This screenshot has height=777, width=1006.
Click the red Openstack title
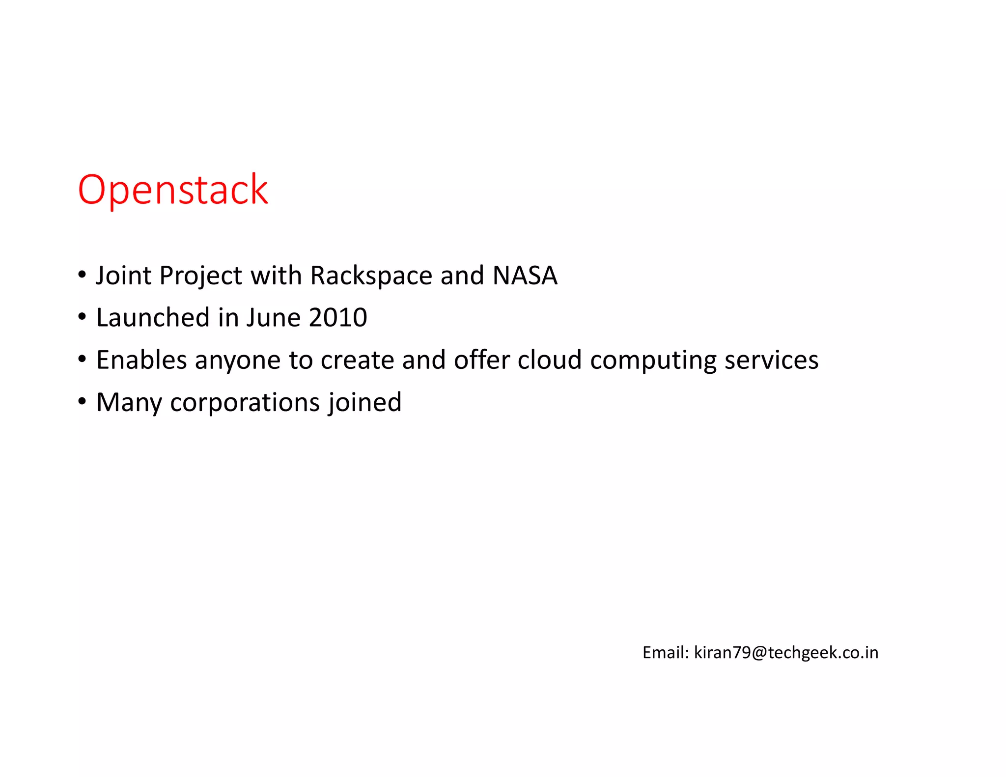(173, 190)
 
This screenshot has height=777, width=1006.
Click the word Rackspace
(371, 276)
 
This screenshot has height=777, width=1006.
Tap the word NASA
(525, 276)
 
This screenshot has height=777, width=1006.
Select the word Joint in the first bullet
(123, 276)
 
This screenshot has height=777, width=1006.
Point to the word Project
(200, 276)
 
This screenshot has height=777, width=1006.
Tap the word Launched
(153, 318)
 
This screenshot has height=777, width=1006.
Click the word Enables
(141, 360)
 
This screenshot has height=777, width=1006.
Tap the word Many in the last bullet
(129, 403)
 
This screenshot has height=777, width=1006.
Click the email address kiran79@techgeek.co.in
(786, 653)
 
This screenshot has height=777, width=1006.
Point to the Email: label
(666, 653)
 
